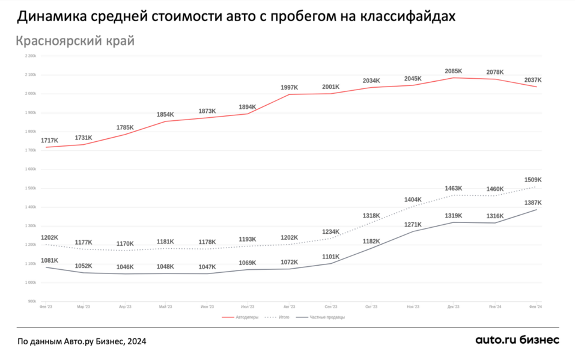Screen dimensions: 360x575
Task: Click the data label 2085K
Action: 454,72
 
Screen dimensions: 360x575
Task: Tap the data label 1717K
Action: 49,141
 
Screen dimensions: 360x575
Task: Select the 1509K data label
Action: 532,180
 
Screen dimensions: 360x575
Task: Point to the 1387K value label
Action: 532,203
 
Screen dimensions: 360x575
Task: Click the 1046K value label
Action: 126,267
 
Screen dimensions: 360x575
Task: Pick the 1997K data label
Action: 290,88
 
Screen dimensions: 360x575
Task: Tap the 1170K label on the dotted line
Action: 126,244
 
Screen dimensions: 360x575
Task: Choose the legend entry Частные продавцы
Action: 327,317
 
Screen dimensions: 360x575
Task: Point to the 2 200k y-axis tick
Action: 30,56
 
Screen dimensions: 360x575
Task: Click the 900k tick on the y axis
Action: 31,302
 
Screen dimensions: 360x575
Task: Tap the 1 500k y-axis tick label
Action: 30,188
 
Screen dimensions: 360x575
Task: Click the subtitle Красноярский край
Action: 75,41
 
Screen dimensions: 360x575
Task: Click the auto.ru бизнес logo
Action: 517,340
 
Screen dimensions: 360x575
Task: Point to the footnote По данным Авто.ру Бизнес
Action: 81,341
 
